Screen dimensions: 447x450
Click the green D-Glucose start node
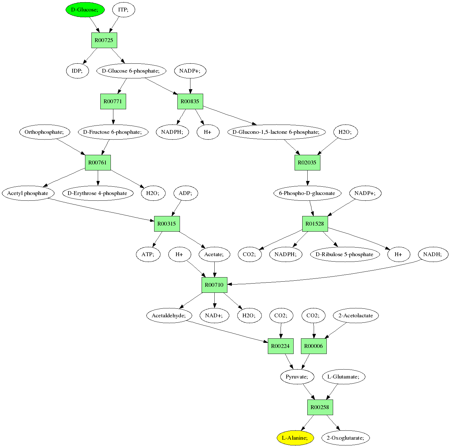85,10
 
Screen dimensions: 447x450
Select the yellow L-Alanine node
295,438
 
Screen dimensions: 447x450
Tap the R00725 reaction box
104,40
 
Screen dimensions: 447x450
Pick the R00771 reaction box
113,102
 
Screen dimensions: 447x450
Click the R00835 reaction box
190,102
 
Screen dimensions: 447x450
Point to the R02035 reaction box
307,162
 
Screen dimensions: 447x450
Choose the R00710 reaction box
214,285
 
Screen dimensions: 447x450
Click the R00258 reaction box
320,407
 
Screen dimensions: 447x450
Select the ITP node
124,10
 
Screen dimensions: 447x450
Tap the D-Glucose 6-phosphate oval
131,71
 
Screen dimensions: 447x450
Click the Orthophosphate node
45,132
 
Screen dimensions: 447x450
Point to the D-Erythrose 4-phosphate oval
97,193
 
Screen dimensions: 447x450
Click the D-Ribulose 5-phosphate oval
345,254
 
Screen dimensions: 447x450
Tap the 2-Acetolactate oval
356,315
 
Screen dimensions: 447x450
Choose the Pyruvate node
297,377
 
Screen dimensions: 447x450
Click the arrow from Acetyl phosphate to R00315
102,210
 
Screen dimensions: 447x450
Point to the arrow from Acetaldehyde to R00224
227,331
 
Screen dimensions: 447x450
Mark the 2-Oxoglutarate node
346,438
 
